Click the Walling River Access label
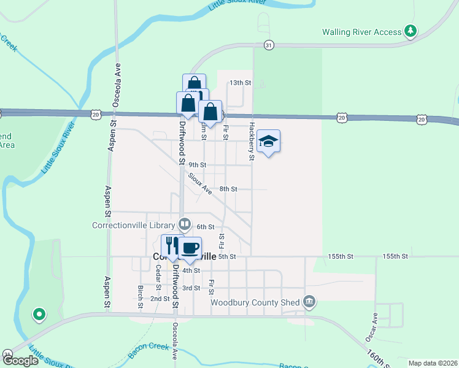point(362,32)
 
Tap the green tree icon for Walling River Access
point(411,31)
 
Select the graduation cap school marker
point(269,142)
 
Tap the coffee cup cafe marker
point(190,248)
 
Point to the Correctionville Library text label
point(134,224)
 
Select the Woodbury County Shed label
point(255,302)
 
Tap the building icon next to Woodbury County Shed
point(309,301)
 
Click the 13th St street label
point(241,82)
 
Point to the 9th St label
point(197,165)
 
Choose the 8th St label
point(228,190)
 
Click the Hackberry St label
point(251,141)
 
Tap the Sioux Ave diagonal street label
point(200,183)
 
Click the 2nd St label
point(160,299)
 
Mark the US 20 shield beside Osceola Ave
point(95,114)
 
